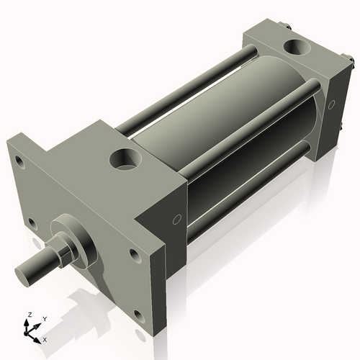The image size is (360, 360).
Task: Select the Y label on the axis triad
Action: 44,318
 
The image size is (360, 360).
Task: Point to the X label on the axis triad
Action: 45,338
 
